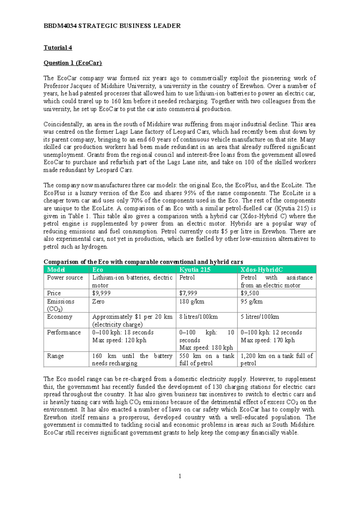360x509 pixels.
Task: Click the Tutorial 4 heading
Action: point(58,48)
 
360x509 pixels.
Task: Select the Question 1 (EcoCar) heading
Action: point(73,63)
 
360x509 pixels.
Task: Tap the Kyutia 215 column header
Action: point(195,270)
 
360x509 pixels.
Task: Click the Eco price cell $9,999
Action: point(101,293)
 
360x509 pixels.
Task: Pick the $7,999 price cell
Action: point(188,293)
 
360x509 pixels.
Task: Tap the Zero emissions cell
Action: point(98,301)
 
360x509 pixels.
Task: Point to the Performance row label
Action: point(64,333)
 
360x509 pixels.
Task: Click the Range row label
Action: point(55,356)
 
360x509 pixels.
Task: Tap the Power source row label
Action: point(65,278)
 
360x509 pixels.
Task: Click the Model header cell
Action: point(56,270)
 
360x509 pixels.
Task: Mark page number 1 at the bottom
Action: point(180,476)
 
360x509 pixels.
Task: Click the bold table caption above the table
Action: point(143,262)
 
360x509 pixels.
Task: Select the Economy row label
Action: point(60,317)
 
